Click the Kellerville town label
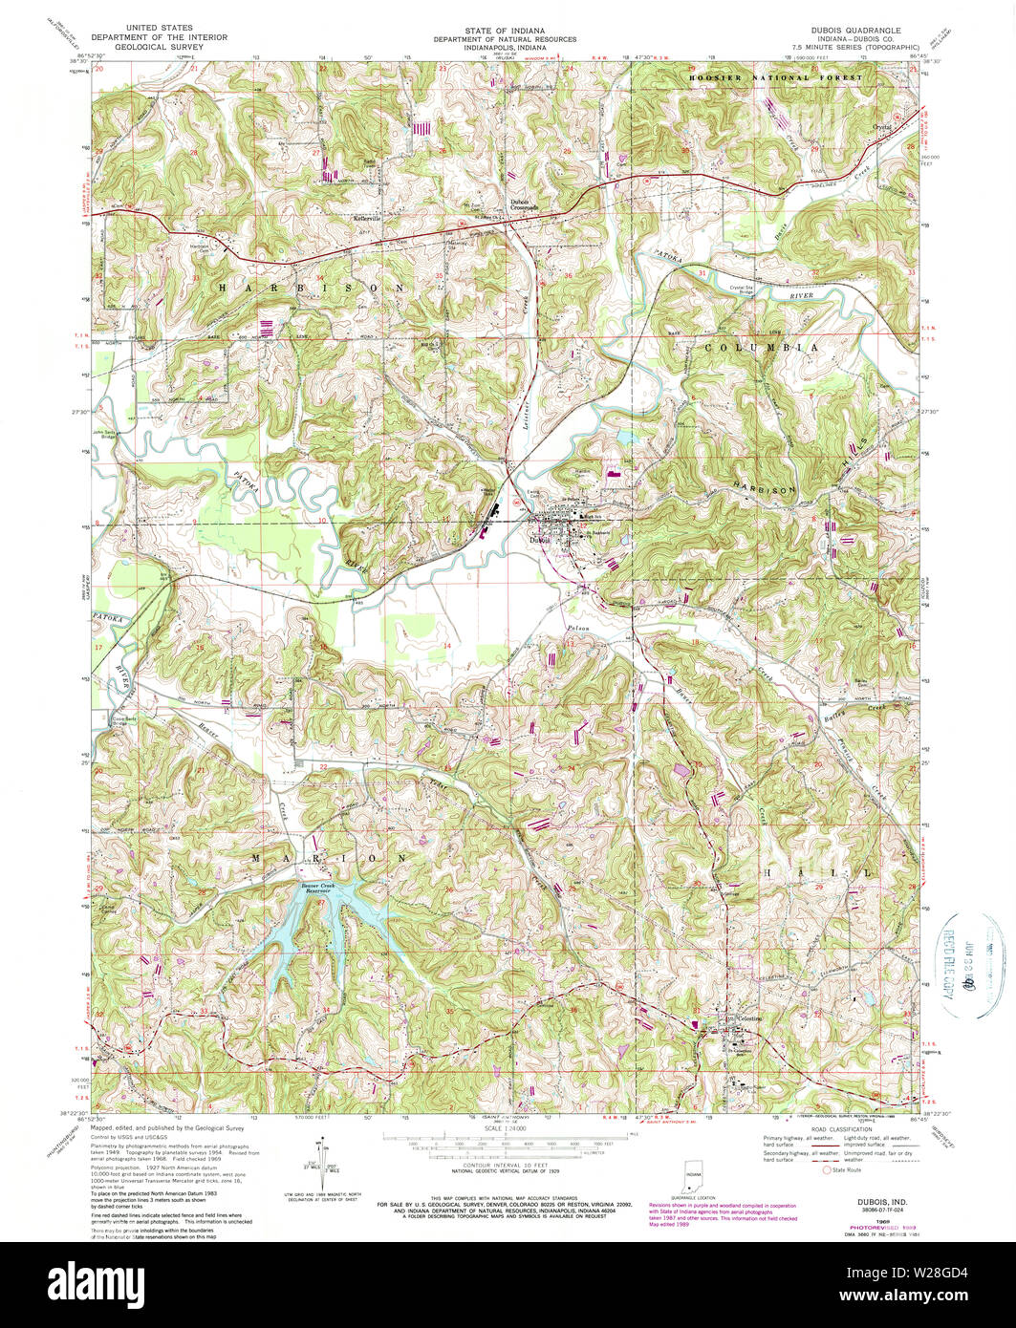[367, 219]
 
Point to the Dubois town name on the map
[541, 538]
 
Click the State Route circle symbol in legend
[828, 1169]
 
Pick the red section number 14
[446, 647]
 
